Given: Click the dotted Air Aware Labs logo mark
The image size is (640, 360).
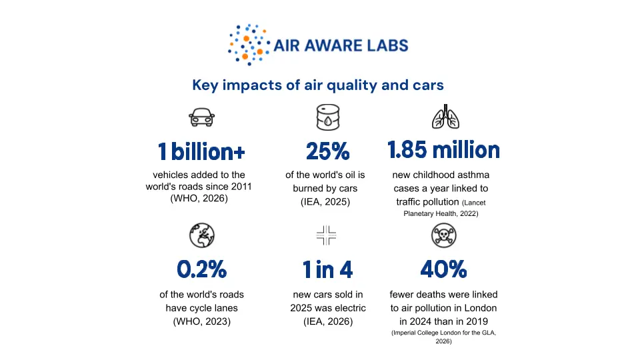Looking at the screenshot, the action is coord(249,45).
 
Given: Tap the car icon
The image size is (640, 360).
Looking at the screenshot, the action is coord(201,117).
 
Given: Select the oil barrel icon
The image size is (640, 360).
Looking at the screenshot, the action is coord(328,117).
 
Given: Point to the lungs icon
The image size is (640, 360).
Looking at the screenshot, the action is coord(445,117).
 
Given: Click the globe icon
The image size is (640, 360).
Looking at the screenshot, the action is coord(201,235).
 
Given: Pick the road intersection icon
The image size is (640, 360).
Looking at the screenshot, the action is coord(326,235).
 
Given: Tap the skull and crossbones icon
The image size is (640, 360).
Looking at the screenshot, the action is coord(444,235).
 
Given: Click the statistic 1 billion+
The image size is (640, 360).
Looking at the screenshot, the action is coord(201,151).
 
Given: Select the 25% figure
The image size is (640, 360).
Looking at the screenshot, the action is coord(328,151).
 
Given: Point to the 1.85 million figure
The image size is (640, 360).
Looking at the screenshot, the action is coord(444,149).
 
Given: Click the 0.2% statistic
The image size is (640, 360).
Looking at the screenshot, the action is coord(201,269).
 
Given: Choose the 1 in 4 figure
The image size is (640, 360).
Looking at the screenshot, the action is coord(327,269).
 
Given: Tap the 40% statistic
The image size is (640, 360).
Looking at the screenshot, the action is coord(444,269).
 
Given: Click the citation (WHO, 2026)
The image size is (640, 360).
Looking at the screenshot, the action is coord(199,199).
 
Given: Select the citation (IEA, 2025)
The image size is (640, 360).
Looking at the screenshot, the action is coord(325,202).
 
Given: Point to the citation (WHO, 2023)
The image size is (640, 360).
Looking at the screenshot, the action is coord(201,321).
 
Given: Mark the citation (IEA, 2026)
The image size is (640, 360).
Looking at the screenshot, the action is coord(328,321).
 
